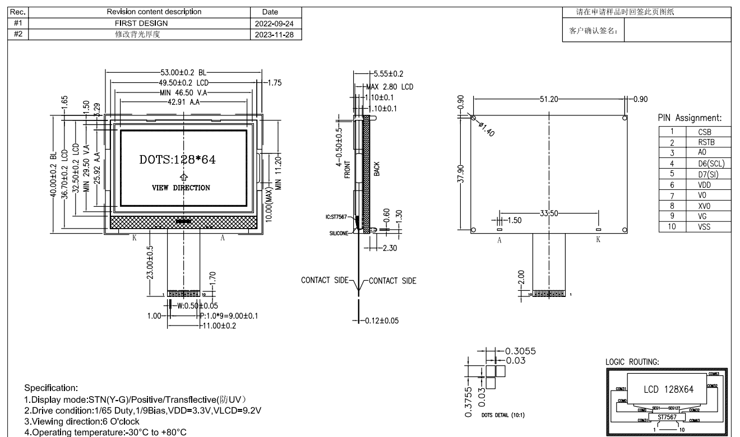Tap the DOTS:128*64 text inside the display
coord(177,159)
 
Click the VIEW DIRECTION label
coord(181,188)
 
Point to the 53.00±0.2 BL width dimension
coord(183,72)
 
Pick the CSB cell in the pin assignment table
coord(705,132)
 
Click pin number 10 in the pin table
coord(672,226)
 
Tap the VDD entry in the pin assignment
coord(705,184)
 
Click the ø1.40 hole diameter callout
coord(487,129)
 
